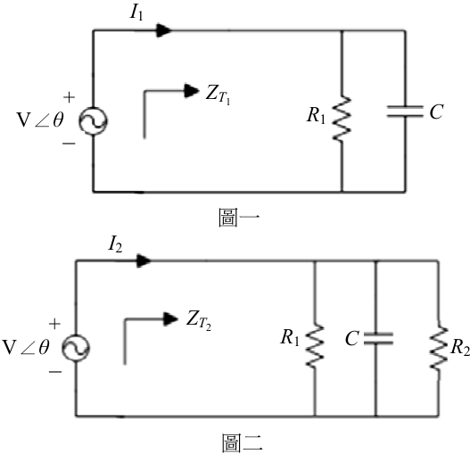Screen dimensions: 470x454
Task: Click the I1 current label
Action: click(136, 12)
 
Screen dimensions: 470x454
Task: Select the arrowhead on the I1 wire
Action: click(164, 30)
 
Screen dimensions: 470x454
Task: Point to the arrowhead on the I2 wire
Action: click(144, 260)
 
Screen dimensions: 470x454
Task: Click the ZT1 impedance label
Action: click(218, 95)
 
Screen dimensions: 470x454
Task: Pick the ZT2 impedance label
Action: click(198, 321)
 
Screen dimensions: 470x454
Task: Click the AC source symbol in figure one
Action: click(93, 121)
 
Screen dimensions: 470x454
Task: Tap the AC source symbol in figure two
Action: click(76, 348)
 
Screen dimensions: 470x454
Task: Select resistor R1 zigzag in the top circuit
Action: click(342, 119)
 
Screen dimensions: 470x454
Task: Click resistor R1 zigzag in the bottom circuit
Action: click(315, 345)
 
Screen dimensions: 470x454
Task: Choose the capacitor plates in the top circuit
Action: click(405, 111)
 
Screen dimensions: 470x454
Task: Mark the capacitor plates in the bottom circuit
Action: click(378, 338)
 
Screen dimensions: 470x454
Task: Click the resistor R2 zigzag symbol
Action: click(439, 348)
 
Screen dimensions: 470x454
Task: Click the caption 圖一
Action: click(239, 218)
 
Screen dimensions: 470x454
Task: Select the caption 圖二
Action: click(243, 442)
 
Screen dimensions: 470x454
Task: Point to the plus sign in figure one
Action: click(69, 97)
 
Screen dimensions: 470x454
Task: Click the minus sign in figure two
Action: click(55, 372)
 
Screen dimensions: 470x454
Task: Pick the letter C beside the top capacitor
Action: click(436, 111)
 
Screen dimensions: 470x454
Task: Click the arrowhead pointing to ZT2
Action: click(171, 318)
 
